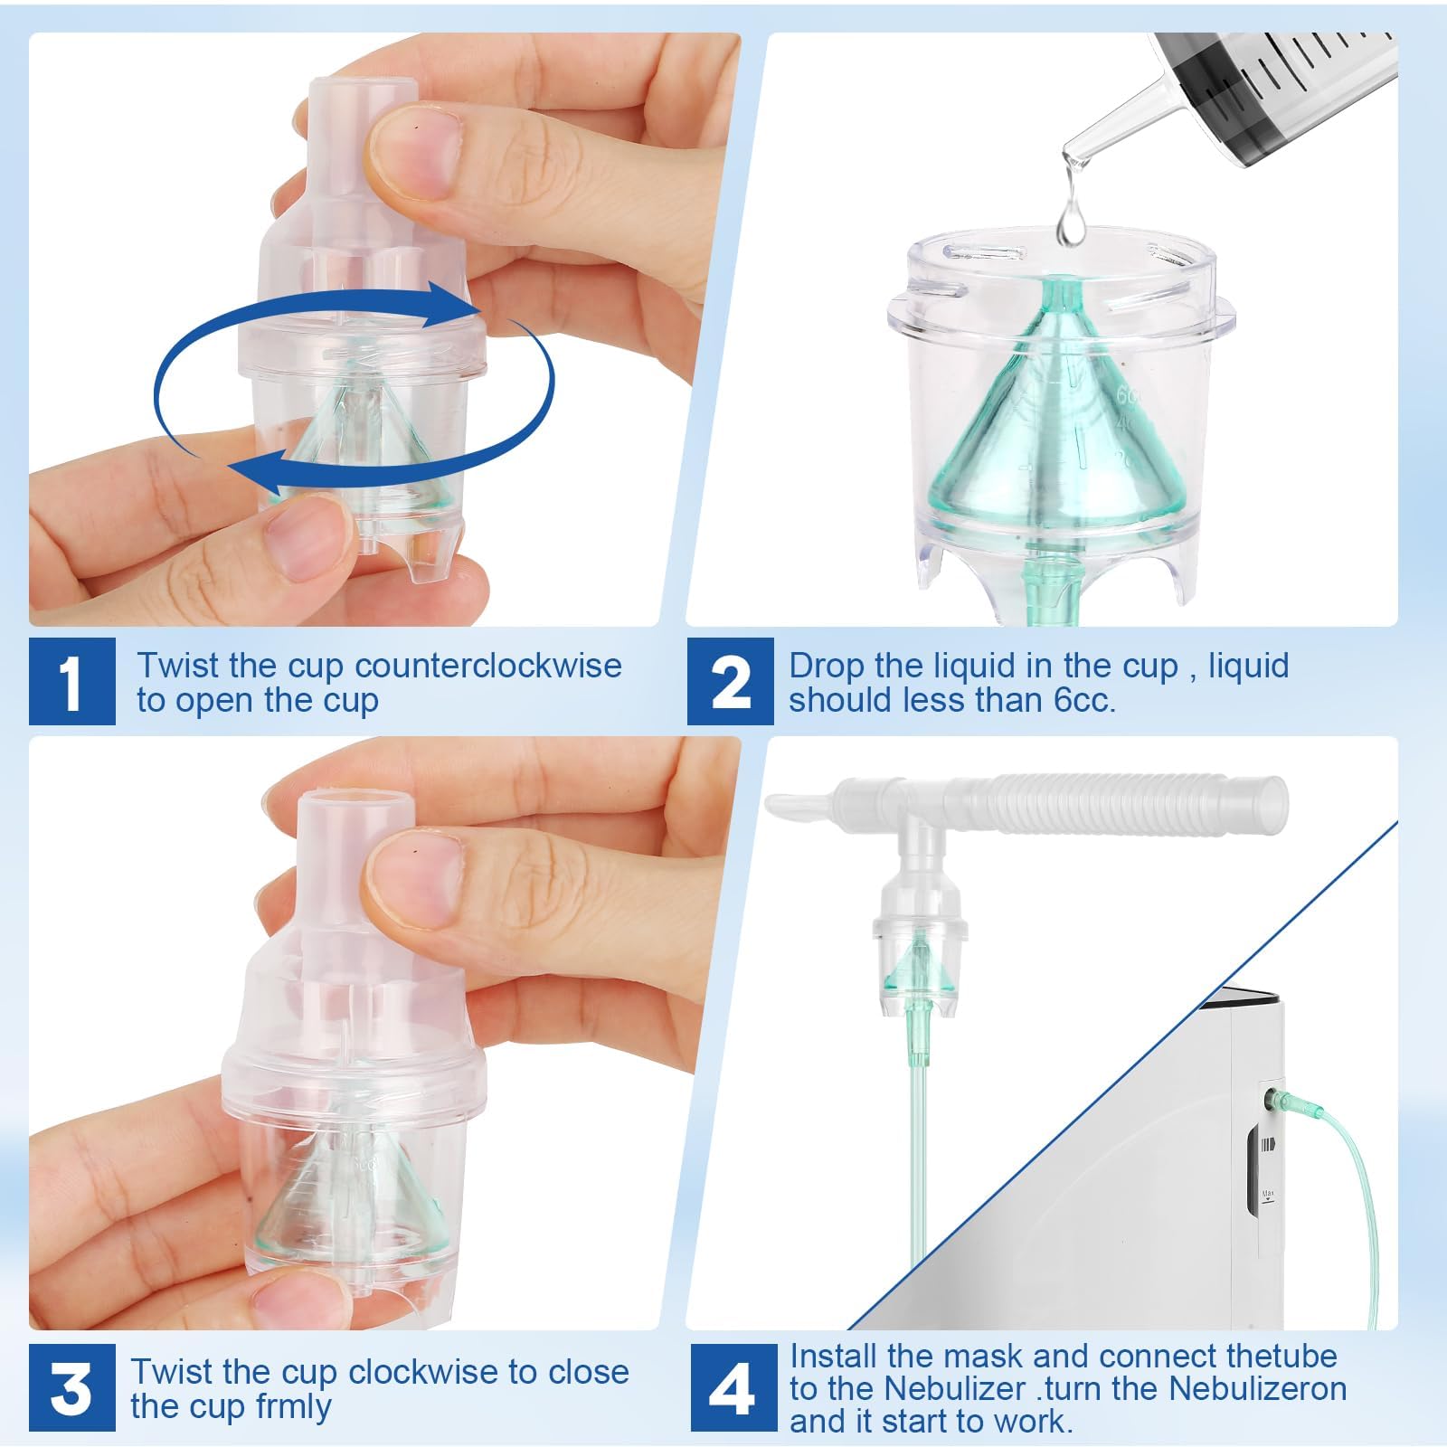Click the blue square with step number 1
click(x=71, y=681)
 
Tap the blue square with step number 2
click(x=731, y=681)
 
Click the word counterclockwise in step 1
click(x=488, y=666)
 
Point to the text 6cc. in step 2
click(x=1084, y=700)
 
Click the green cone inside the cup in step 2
click(x=1049, y=434)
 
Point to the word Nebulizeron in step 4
click(x=1257, y=1388)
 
